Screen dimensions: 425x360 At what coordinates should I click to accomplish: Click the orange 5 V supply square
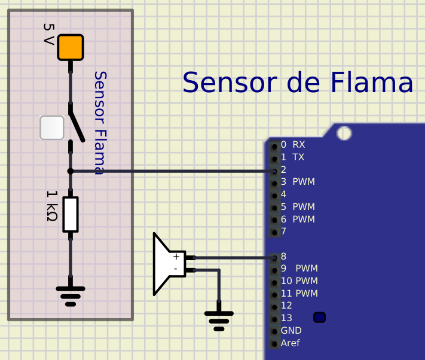coord(71,47)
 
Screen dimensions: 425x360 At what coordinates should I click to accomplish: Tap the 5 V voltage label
coord(49,34)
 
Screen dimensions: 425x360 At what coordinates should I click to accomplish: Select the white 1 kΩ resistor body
coord(71,215)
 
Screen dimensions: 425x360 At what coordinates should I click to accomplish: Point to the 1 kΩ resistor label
coord(52,206)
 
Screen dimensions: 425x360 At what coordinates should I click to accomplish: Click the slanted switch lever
coord(77,127)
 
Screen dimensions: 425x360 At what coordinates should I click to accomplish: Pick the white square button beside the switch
coord(52,128)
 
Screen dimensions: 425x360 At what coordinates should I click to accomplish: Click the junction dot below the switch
coord(71,171)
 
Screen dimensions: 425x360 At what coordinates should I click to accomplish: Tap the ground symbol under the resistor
coord(71,296)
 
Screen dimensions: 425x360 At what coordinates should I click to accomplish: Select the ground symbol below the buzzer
coord(219,321)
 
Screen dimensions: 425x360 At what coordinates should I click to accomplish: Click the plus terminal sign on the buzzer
coord(176,257)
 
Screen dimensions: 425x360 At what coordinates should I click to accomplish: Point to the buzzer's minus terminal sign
coord(176,269)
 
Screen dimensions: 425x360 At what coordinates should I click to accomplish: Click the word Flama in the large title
coord(372,83)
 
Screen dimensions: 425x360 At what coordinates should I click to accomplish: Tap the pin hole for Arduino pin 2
coord(274,171)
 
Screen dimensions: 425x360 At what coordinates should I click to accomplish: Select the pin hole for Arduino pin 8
coord(274,258)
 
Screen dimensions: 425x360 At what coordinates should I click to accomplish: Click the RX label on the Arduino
coord(299,145)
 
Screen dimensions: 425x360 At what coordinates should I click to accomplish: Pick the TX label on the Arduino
coord(298,157)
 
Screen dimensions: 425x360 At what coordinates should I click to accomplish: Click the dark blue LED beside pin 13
coord(320,318)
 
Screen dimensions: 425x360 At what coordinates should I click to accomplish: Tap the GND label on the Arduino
coord(291,331)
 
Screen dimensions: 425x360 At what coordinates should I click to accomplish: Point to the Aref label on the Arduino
coord(291,343)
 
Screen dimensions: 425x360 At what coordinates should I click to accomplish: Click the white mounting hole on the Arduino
coord(344,133)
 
